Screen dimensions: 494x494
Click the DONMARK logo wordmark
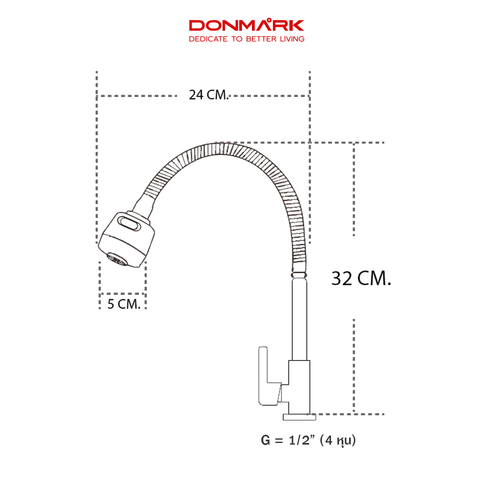pos(246,26)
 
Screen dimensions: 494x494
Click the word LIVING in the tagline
pos(292,39)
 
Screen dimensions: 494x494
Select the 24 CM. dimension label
pos(208,95)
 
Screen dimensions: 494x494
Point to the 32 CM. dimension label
pos(361,279)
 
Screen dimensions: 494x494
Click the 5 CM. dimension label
pos(124,304)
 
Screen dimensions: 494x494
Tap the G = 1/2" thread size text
pos(288,440)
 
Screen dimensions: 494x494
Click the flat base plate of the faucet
pos(299,417)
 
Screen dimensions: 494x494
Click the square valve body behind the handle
pos(299,387)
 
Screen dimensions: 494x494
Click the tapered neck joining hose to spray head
pos(144,205)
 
